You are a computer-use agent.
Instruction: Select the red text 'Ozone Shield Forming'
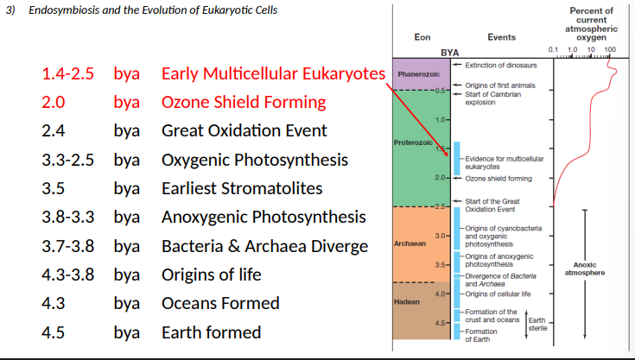244,102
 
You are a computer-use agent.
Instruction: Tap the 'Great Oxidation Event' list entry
244,131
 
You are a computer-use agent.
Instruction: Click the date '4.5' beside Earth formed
54,332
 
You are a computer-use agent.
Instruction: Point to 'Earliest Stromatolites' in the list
242,188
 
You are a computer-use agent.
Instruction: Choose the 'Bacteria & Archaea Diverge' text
264,246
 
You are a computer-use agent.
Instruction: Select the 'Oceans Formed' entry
220,303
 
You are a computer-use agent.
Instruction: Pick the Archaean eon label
410,243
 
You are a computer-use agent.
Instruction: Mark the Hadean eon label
406,303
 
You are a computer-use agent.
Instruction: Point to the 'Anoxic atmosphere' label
583,268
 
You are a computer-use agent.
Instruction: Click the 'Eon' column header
422,37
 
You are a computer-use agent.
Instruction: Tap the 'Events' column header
502,37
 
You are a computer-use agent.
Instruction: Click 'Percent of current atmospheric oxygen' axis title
591,23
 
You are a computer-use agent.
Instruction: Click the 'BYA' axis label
449,53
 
